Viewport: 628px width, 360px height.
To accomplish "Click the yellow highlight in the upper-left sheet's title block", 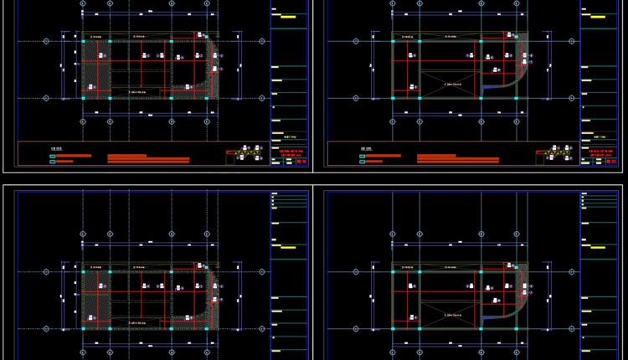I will pyautogui.click(x=287, y=17).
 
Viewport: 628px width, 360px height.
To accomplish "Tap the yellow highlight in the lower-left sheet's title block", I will pyautogui.click(x=287, y=248).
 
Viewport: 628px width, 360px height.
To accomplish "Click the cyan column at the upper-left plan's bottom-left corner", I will pyautogui.click(x=83, y=98).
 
